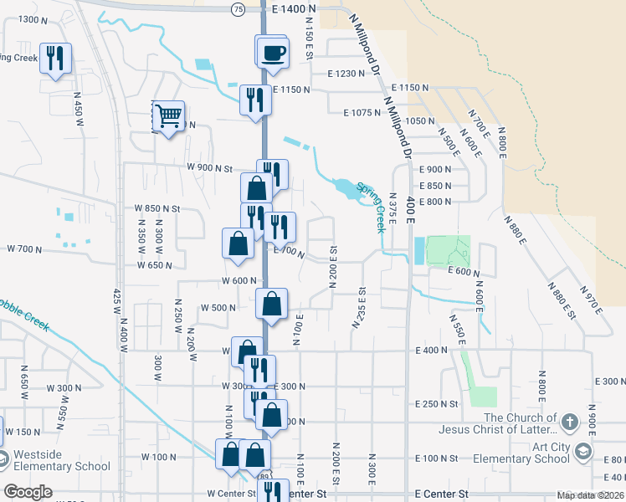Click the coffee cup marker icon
click(274, 54)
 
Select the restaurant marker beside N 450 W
click(55, 58)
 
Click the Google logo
click(28, 492)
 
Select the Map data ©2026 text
click(589, 495)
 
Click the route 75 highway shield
click(239, 8)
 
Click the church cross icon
click(569, 421)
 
